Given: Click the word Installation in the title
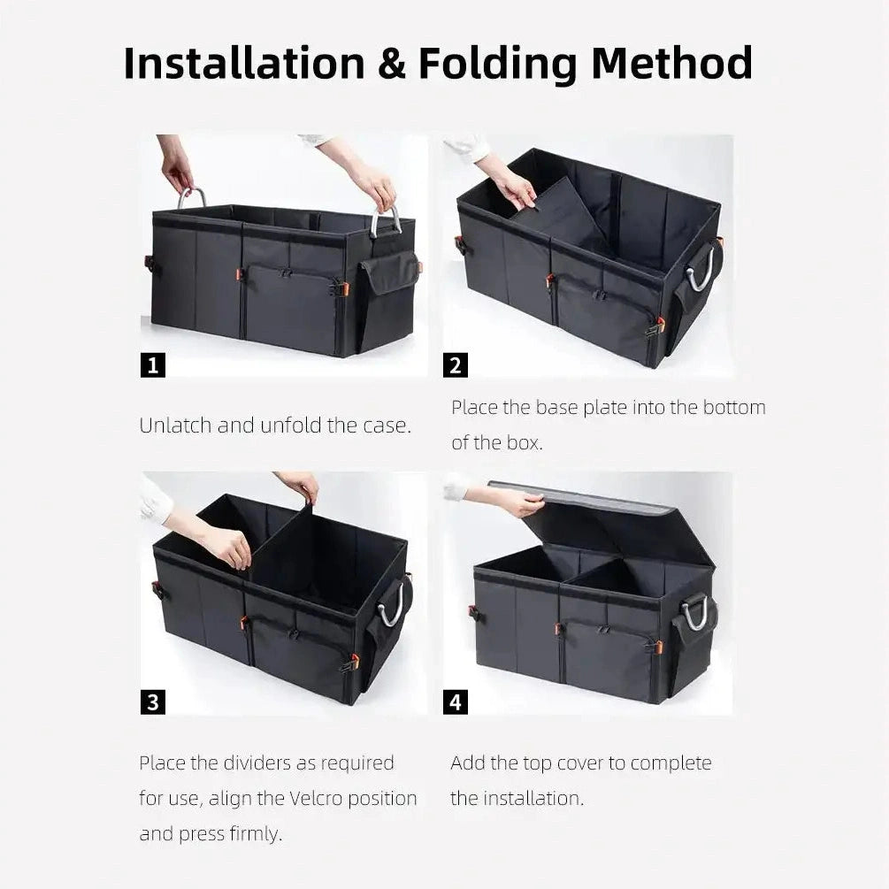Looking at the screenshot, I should (x=242, y=64).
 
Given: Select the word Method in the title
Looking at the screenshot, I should (x=671, y=64).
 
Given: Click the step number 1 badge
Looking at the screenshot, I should (x=153, y=364).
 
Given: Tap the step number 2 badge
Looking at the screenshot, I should (x=456, y=364).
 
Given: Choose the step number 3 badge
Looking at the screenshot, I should (x=153, y=702).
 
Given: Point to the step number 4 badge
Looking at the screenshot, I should (x=456, y=702).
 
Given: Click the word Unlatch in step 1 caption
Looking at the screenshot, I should (x=175, y=425).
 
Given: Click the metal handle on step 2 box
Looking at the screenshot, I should (x=701, y=270).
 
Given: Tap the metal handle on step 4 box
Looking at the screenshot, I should (x=695, y=612).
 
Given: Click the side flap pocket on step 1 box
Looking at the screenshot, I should (x=389, y=273).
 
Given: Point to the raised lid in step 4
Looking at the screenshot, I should (x=610, y=522).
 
